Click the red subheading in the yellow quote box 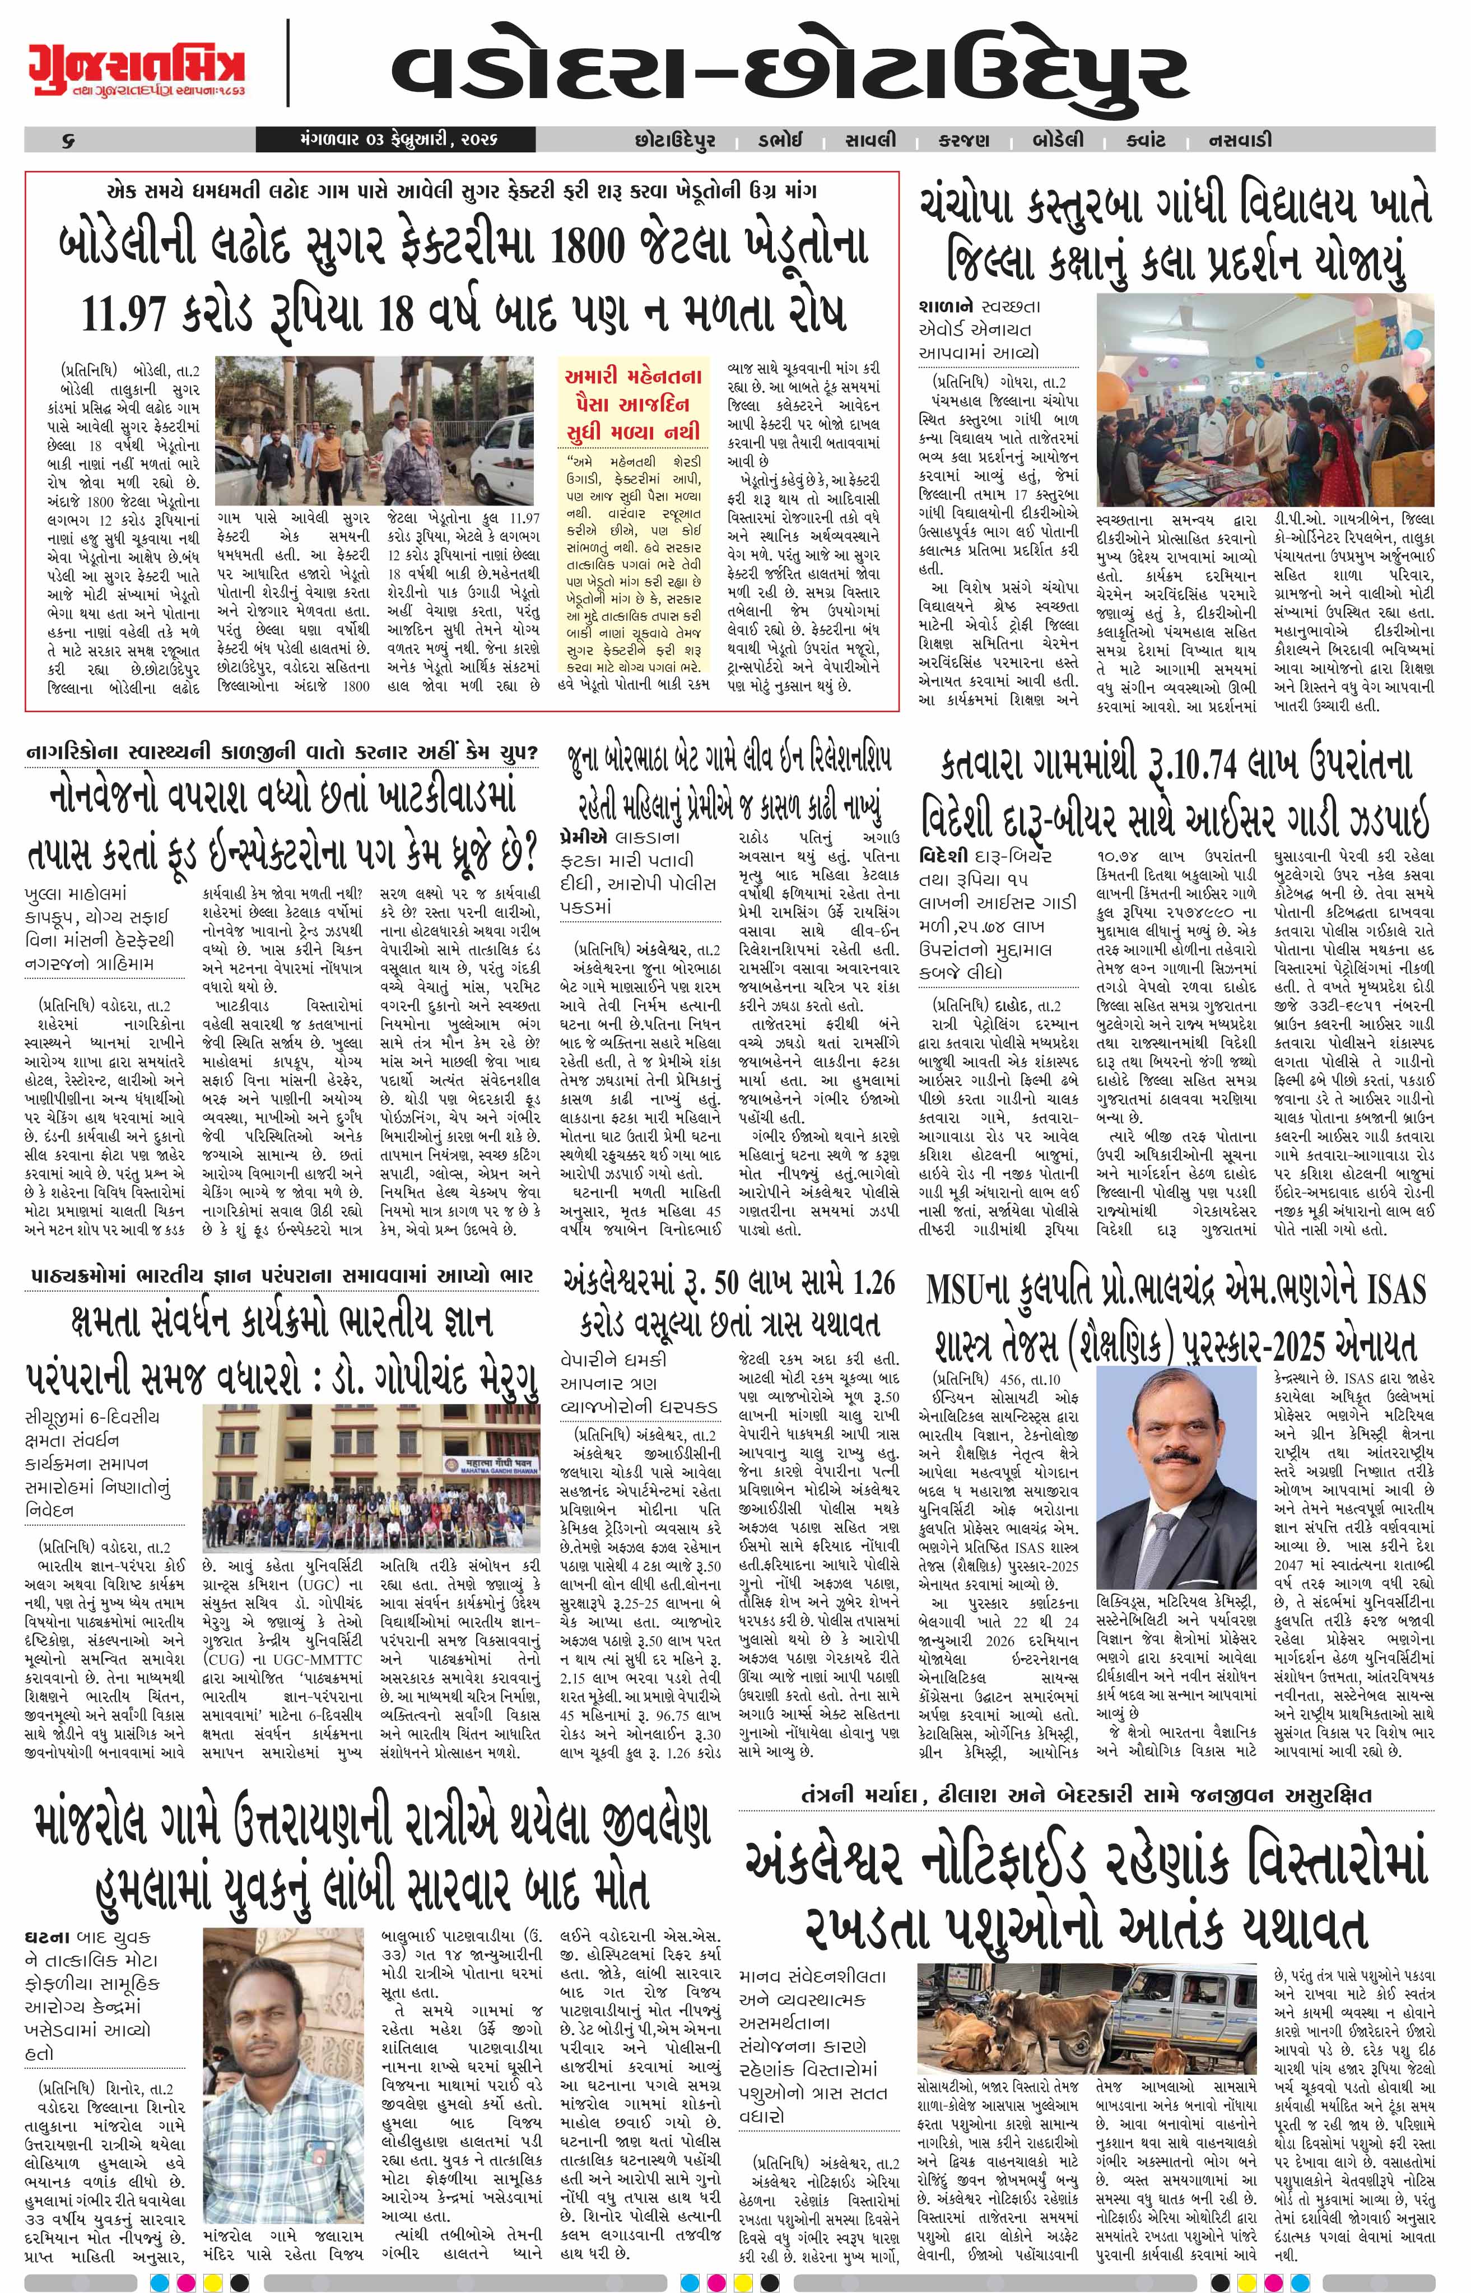tap(632, 402)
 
